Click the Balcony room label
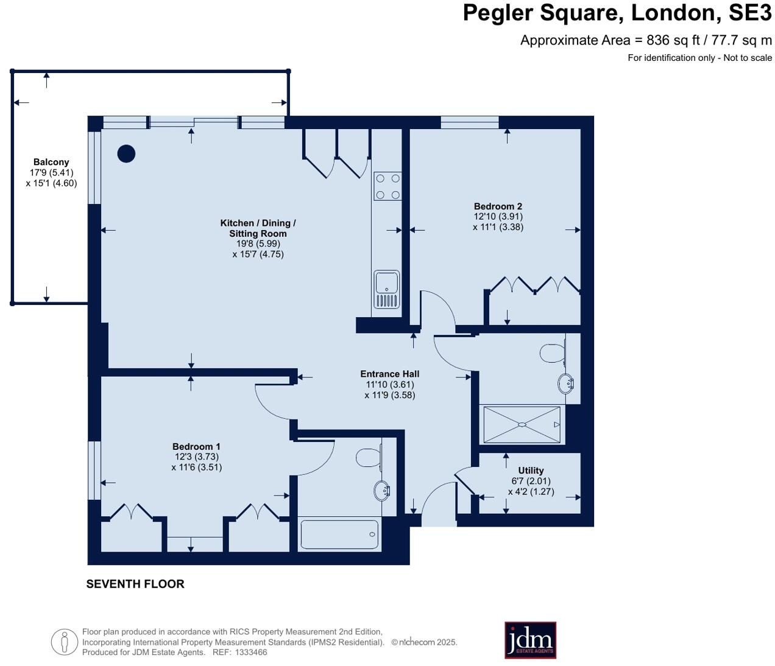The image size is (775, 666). tap(51, 162)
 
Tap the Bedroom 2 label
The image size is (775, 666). tap(498, 206)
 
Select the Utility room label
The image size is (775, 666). tap(531, 471)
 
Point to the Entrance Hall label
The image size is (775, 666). tap(389, 374)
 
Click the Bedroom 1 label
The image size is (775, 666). tap(196, 447)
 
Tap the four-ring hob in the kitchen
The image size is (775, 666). tap(387, 186)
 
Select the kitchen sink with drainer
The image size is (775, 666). tap(387, 289)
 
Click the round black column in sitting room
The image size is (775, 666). tap(126, 154)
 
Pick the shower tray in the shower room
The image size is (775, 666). tap(522, 424)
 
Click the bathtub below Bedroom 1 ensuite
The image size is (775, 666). tap(339, 535)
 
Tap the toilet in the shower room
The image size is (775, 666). tap(553, 353)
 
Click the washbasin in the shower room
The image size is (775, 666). tap(565, 383)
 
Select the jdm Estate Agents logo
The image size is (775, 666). tap(530, 640)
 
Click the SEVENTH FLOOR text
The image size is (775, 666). tap(135, 584)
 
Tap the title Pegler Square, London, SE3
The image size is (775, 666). tap(617, 13)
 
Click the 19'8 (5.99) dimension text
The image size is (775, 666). tap(258, 244)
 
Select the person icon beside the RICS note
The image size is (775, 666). tap(65, 642)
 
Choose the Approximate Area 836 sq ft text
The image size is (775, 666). tap(646, 40)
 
